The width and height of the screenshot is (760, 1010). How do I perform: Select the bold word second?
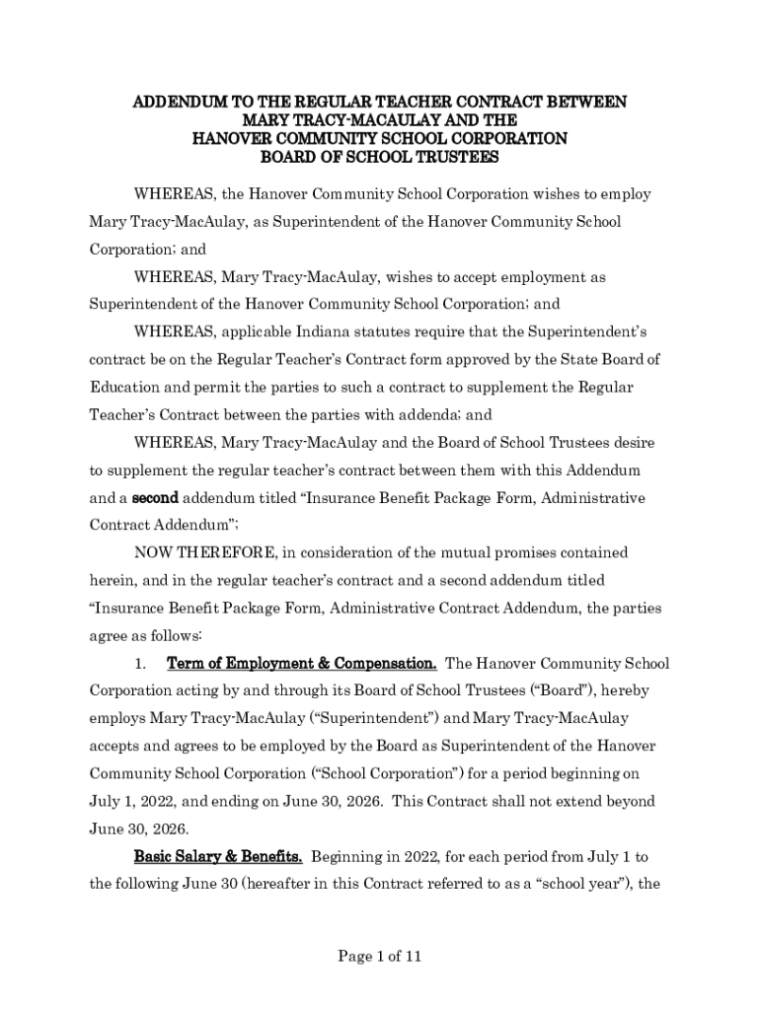tap(155, 498)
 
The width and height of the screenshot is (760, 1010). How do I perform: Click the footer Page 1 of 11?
tap(380, 956)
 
